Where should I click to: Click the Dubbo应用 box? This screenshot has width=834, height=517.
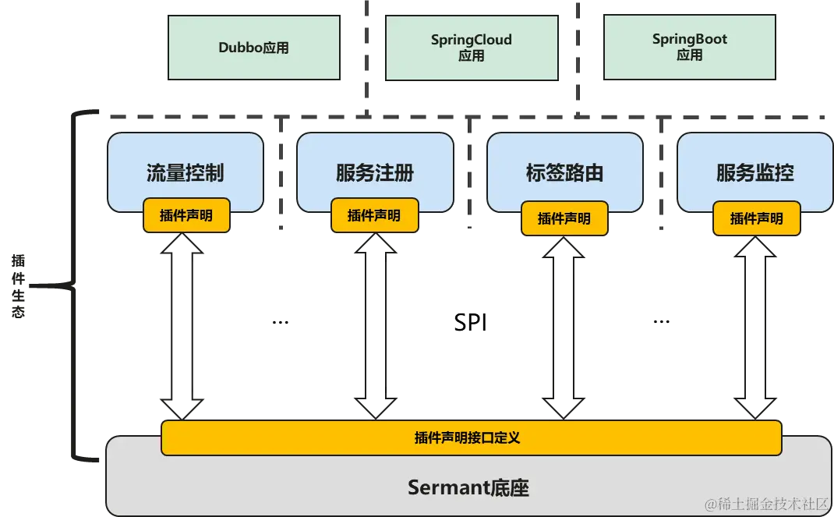pos(254,48)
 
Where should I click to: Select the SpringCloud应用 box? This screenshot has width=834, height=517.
pos(472,48)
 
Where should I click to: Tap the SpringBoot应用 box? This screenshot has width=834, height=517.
pos(690,48)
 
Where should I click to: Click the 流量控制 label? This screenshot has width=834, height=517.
pos(185,172)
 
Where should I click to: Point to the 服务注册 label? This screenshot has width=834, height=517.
pos(374,172)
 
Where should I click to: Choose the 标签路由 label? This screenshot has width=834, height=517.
pos(564,172)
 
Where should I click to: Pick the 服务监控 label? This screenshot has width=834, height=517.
pos(754,172)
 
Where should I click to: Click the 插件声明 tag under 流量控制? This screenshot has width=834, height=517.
pos(186,215)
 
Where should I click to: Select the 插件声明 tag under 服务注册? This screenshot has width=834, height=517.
pos(374,215)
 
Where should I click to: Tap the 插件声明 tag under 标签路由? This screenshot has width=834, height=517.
pos(564,218)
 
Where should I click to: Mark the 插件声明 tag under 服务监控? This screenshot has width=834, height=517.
pos(756,218)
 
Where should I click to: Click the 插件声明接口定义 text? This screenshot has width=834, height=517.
pos(467,438)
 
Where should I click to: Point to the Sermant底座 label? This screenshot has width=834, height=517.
pos(468,488)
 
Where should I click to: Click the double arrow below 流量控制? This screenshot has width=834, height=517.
pos(181,328)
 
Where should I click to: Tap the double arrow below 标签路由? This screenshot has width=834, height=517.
pos(562,328)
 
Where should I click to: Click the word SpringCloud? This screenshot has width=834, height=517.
pos(472,40)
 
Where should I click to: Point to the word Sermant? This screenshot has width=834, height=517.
pos(448,488)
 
